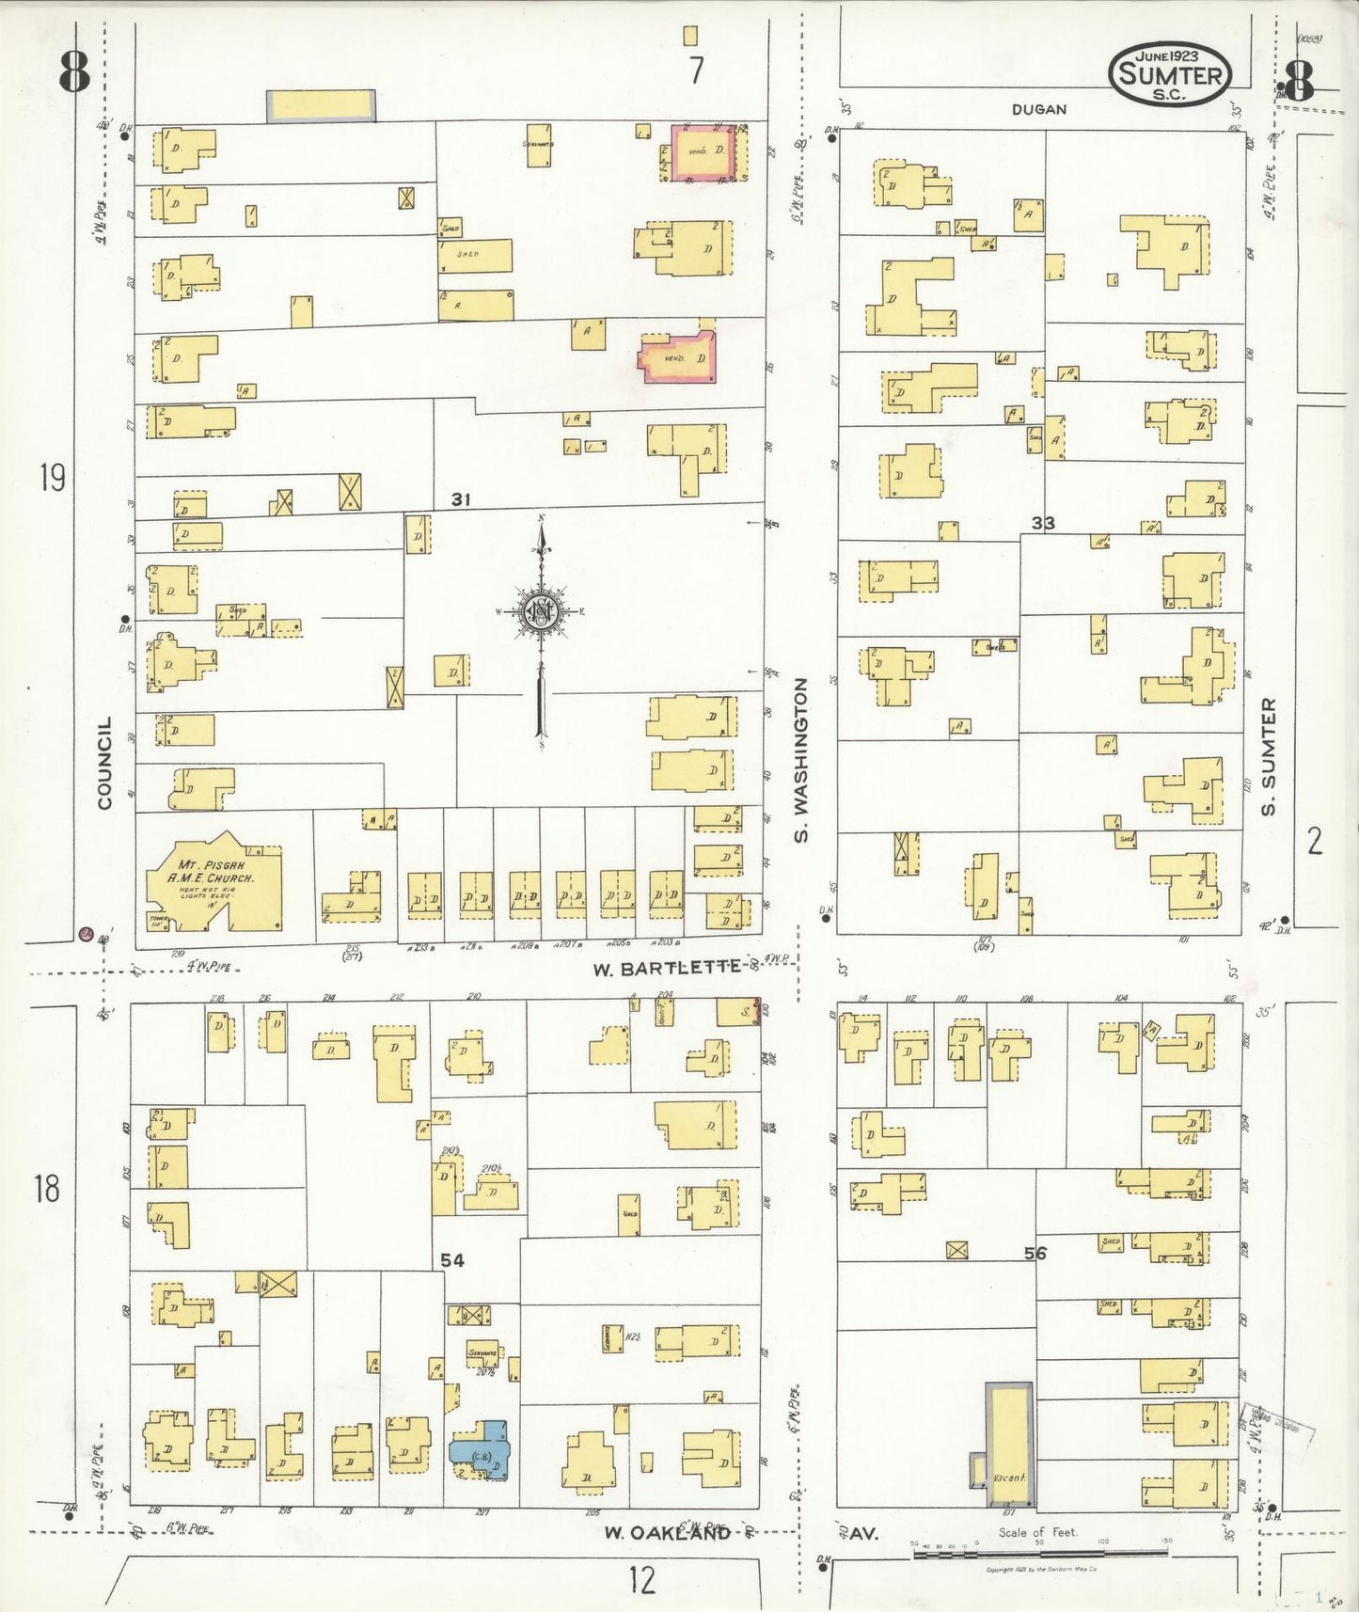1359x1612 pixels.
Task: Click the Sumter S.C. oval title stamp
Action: point(1171,74)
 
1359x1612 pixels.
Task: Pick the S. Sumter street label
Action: point(1269,756)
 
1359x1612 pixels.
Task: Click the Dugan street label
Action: point(1039,109)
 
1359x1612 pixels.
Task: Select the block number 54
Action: point(452,1260)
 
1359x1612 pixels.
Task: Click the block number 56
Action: point(1035,1253)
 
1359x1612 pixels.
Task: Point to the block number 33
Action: point(1042,523)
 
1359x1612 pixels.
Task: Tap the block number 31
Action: point(460,499)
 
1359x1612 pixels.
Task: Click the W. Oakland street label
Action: point(667,1533)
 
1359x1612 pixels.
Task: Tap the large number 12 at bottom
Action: point(642,1580)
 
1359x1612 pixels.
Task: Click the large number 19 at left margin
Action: point(53,479)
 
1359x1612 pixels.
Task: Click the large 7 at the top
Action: point(695,71)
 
